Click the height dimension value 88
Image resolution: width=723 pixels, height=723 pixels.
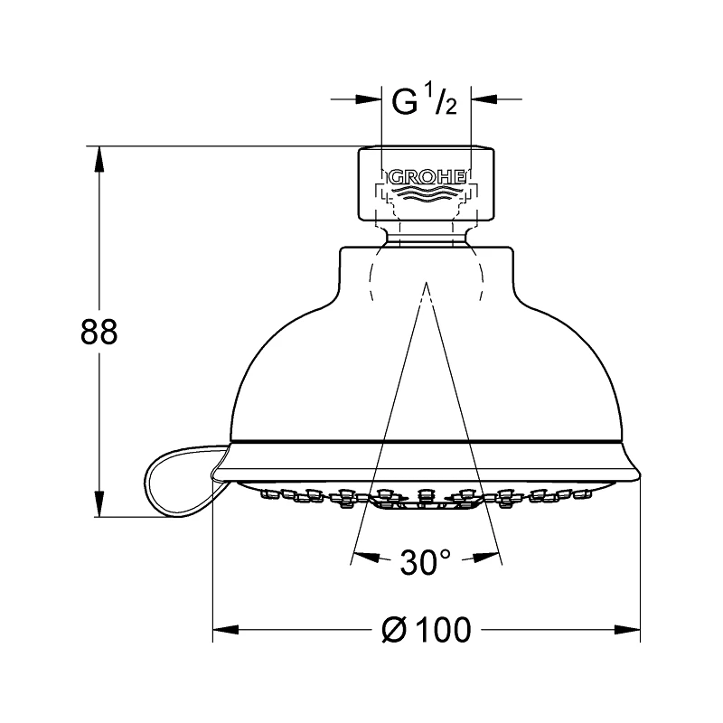pos(99,333)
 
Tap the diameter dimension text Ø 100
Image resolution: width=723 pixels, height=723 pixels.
pos(427,630)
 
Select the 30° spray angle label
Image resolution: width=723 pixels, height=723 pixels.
pos(425,562)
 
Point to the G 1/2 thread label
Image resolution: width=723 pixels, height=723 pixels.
pos(425,102)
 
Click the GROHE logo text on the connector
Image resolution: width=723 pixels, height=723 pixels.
pos(426,177)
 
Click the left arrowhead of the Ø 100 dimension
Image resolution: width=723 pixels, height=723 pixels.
pos(223,630)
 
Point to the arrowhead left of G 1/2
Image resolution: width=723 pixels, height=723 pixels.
pos(371,100)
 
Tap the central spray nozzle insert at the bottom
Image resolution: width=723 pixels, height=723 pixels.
pos(426,502)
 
